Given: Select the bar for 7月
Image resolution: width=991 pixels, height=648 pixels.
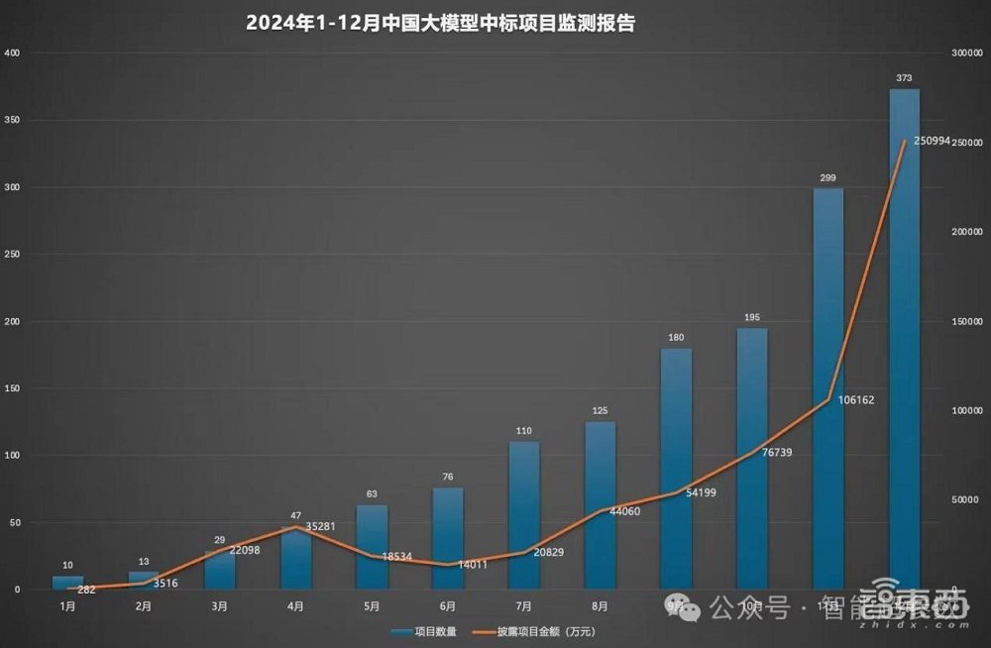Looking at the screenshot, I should (524, 515).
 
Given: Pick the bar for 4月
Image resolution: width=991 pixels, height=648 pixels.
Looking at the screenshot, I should (295, 560).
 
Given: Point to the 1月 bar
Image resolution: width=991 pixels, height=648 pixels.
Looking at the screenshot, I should (67, 583).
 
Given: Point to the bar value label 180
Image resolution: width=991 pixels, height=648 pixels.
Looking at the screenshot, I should (676, 338).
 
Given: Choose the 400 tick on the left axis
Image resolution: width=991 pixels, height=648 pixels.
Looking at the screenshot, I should (11, 53).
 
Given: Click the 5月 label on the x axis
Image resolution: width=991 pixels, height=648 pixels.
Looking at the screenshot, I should (372, 604).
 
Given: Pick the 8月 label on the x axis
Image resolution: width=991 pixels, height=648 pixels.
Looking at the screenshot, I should (600, 604).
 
